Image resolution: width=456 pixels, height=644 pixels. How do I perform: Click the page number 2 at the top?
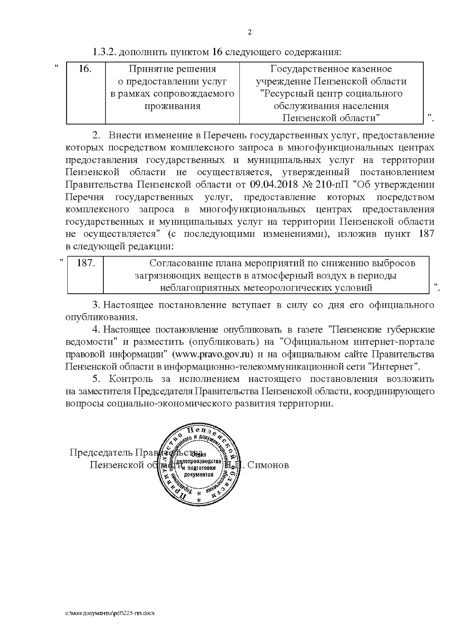pyautogui.click(x=250, y=32)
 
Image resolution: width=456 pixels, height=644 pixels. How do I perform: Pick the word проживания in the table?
pyautogui.click(x=172, y=106)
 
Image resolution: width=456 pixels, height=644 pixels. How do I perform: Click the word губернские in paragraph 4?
pyautogui.click(x=410, y=330)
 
